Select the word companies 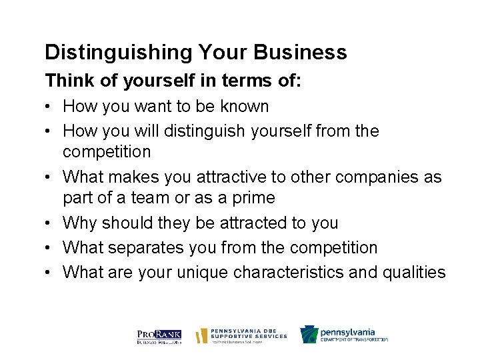point(376,177)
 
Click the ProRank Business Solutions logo point(159,335)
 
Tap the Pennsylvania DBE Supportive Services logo point(241,335)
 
